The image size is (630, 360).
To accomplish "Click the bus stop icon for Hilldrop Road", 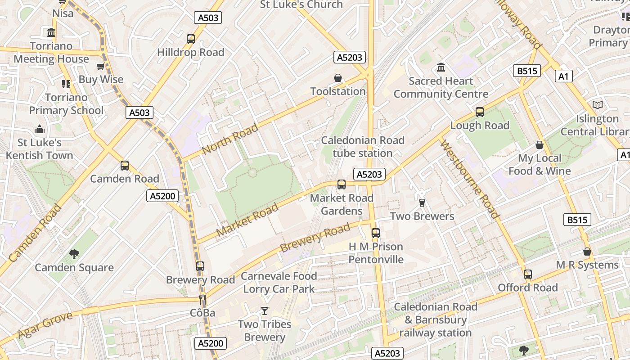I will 191,39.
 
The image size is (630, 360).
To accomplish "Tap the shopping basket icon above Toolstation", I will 338,78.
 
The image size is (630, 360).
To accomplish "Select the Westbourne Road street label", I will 469,179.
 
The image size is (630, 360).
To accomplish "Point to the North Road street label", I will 230,139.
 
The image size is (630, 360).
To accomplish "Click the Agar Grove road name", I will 45,325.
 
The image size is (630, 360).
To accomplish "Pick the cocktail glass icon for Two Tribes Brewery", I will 264,311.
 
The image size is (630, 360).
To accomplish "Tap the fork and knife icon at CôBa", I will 202,299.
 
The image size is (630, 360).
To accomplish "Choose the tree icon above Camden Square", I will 74,254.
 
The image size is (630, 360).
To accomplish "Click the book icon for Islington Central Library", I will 597,105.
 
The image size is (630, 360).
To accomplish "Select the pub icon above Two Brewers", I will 422,203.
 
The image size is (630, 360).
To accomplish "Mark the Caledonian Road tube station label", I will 363,147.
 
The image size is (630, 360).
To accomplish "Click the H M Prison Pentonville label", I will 376,253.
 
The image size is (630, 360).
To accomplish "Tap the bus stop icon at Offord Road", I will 527,274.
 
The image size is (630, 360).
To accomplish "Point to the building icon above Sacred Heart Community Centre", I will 441,67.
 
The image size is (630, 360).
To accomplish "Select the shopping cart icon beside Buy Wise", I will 100,67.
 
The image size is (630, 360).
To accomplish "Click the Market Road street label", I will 247,220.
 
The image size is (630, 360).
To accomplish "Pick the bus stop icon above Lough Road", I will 480,112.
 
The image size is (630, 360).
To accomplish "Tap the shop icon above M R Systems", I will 587,252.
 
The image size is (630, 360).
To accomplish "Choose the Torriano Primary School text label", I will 66,104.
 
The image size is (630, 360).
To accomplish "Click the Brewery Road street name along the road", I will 315,238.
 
